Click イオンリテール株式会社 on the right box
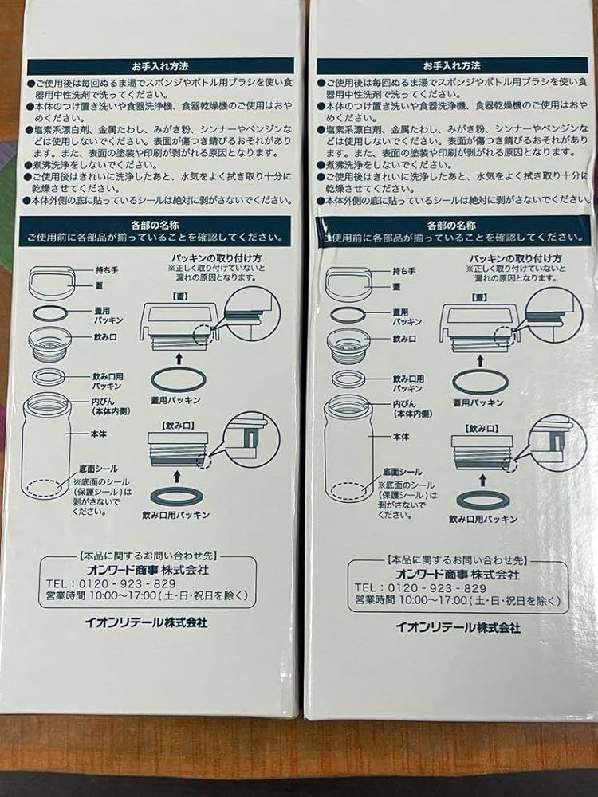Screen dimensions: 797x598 [x=458, y=627]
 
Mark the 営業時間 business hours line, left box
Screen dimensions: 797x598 [x=145, y=594]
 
